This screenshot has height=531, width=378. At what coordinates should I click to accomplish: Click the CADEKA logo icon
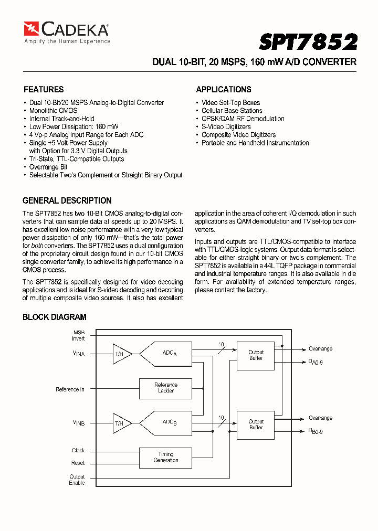(31, 29)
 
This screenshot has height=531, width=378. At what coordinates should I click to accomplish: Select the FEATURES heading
(44, 90)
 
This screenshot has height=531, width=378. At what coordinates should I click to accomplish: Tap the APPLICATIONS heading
(224, 90)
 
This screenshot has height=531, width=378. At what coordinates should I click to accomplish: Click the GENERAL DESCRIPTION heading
(67, 201)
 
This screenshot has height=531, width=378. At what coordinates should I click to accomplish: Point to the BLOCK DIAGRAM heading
(55, 317)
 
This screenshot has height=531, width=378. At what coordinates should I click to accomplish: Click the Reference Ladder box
(166, 388)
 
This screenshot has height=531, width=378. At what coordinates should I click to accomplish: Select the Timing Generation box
(166, 458)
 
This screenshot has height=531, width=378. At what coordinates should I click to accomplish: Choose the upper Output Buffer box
(256, 355)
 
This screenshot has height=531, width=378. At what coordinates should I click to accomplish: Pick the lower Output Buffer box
(256, 424)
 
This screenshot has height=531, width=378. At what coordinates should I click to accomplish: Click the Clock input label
(78, 451)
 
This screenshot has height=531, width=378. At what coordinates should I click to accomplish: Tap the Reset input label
(78, 463)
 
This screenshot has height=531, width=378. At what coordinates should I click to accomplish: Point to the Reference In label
(70, 389)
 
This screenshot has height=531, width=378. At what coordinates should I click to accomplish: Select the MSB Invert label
(78, 336)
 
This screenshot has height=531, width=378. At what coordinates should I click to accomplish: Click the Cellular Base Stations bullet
(232, 111)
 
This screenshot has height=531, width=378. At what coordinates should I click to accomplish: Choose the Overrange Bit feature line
(48, 167)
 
